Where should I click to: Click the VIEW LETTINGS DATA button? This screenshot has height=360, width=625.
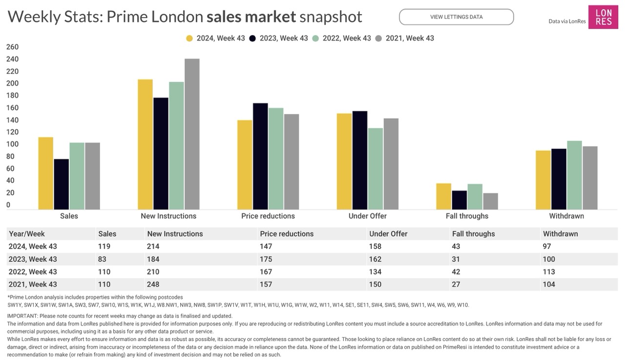point(456,17)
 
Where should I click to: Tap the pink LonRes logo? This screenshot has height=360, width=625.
point(603,17)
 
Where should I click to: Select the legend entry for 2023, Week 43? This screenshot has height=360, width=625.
point(278,38)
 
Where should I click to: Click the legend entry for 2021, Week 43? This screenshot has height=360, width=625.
point(404,38)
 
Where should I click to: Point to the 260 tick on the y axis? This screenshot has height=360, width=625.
point(12,47)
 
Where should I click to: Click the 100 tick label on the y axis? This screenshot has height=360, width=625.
point(12,144)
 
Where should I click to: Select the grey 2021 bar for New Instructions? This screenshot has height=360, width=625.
point(192,134)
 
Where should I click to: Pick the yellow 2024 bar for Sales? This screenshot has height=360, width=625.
point(46,173)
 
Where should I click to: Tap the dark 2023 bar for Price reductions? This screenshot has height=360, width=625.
point(260,156)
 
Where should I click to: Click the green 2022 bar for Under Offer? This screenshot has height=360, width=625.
point(375,169)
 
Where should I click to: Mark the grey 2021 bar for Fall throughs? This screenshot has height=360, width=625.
point(491,201)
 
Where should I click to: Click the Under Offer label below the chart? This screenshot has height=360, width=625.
point(368,216)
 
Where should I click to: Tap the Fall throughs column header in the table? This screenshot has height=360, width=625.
point(473,234)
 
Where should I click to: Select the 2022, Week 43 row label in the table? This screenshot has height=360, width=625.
point(33,272)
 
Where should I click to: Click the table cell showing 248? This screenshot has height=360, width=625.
point(153,284)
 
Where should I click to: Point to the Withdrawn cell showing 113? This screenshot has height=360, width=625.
point(549,272)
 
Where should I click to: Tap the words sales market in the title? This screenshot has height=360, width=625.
point(251,17)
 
